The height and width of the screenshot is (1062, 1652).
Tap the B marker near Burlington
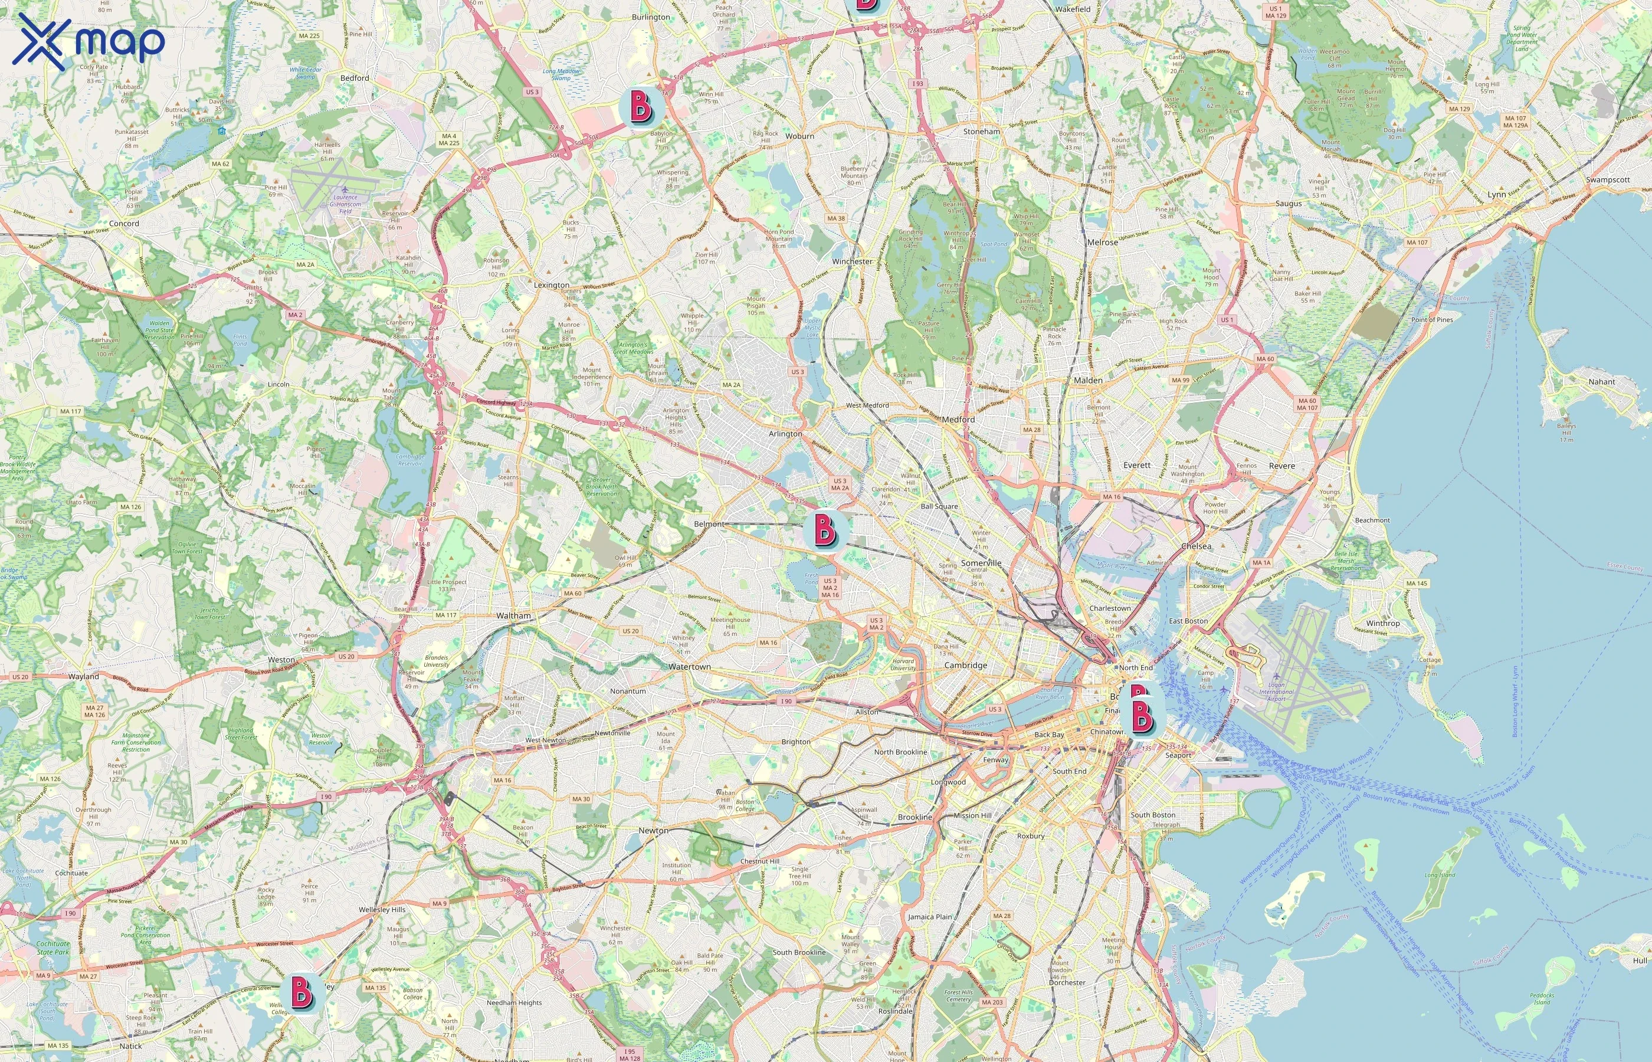[x=641, y=107]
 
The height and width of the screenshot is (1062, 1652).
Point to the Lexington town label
[x=552, y=285]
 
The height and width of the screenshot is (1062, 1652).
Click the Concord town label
[x=124, y=224]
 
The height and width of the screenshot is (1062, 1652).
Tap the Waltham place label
[x=514, y=615]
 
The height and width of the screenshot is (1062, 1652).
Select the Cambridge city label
[x=965, y=666]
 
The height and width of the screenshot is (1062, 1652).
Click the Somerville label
[x=981, y=563]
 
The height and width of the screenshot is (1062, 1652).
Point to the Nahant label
[x=1602, y=381]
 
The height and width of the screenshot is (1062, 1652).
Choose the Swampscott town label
[x=1608, y=179]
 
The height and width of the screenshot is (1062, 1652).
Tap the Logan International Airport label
[x=1276, y=691]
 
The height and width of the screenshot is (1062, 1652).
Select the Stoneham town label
[x=981, y=131]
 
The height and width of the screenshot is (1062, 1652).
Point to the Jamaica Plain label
[x=929, y=917]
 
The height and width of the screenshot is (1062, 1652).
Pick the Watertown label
[x=690, y=667]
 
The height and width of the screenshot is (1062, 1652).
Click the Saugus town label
[x=1289, y=204]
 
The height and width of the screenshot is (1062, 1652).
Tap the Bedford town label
[x=355, y=78]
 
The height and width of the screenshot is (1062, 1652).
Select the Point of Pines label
[x=1432, y=319]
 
